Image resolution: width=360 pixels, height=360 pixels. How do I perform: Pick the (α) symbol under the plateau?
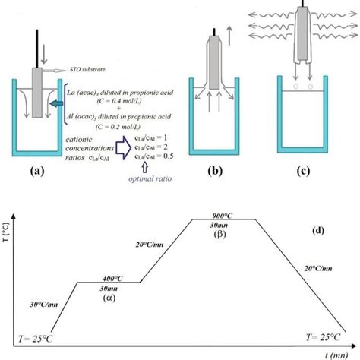click(106, 299)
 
